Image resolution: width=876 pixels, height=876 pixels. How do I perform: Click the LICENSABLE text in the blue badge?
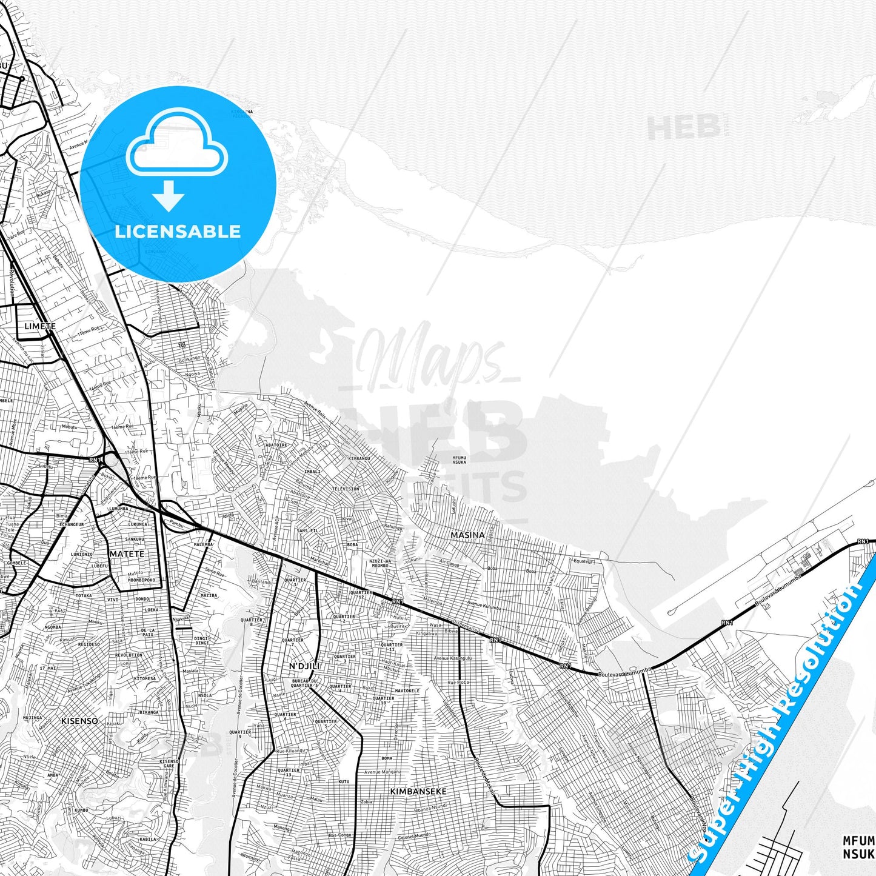178,232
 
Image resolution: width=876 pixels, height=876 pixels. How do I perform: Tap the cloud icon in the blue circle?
176,142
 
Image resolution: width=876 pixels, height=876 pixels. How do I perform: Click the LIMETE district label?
40,326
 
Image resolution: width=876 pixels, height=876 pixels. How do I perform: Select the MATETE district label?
127,554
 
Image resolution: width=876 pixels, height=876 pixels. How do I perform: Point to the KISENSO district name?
79,721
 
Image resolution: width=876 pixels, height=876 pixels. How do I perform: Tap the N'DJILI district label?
304,666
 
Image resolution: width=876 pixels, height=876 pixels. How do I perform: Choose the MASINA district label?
467,535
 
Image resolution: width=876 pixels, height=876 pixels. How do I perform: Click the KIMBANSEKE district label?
418,792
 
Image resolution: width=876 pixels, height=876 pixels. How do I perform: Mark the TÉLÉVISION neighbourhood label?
346,489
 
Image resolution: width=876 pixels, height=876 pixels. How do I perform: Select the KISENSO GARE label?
169,763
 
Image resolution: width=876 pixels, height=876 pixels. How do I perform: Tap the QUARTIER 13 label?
289,772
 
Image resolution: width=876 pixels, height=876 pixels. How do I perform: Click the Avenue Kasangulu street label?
452,658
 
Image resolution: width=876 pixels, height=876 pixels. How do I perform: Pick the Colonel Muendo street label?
414,835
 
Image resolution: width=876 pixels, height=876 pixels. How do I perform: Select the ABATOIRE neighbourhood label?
276,445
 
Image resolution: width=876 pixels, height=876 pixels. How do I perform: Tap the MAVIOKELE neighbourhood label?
407,690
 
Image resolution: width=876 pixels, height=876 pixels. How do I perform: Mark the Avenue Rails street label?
315,410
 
